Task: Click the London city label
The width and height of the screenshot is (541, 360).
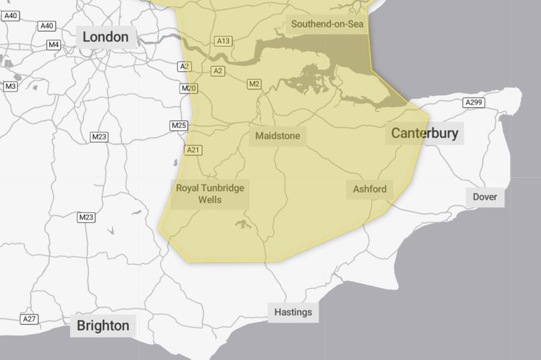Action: pyautogui.click(x=106, y=37)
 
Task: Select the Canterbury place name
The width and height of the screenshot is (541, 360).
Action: pyautogui.click(x=425, y=133)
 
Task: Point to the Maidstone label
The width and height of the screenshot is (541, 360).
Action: pyautogui.click(x=278, y=137)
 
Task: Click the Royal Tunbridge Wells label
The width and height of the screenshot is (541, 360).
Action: pyautogui.click(x=210, y=194)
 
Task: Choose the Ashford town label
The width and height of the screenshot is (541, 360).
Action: pyautogui.click(x=369, y=189)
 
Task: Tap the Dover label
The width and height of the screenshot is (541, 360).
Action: pyautogui.click(x=485, y=196)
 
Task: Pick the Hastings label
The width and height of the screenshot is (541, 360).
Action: pyautogui.click(x=293, y=312)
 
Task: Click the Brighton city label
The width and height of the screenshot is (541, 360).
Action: pyautogui.click(x=103, y=326)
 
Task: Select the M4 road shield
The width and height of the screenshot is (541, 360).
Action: pyautogui.click(x=53, y=45)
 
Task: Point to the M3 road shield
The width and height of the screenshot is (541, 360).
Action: pyautogui.click(x=10, y=86)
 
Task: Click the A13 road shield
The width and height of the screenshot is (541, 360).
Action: pyautogui.click(x=223, y=41)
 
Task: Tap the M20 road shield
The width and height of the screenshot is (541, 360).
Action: pyautogui.click(x=188, y=88)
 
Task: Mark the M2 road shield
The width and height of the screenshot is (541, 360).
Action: pyautogui.click(x=254, y=84)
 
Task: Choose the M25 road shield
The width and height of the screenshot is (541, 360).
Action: pyautogui.click(x=179, y=126)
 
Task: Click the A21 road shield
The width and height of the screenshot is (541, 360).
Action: pyautogui.click(x=193, y=150)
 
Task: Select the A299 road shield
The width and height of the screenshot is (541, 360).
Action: pyautogui.click(x=473, y=102)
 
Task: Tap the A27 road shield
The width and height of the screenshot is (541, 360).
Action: pyautogui.click(x=28, y=319)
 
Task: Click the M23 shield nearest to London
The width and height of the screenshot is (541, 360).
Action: pyautogui.click(x=99, y=137)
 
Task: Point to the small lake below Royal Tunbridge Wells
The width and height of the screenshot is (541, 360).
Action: pyautogui.click(x=242, y=225)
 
